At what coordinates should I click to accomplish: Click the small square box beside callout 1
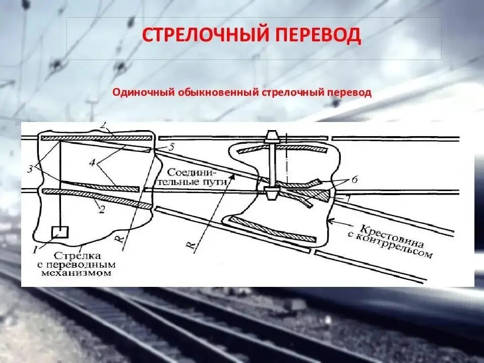tap(59, 231)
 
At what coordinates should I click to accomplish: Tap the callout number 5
tap(171, 147)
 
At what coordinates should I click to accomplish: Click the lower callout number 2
tap(101, 210)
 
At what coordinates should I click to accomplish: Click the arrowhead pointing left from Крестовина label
tap(328, 220)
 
